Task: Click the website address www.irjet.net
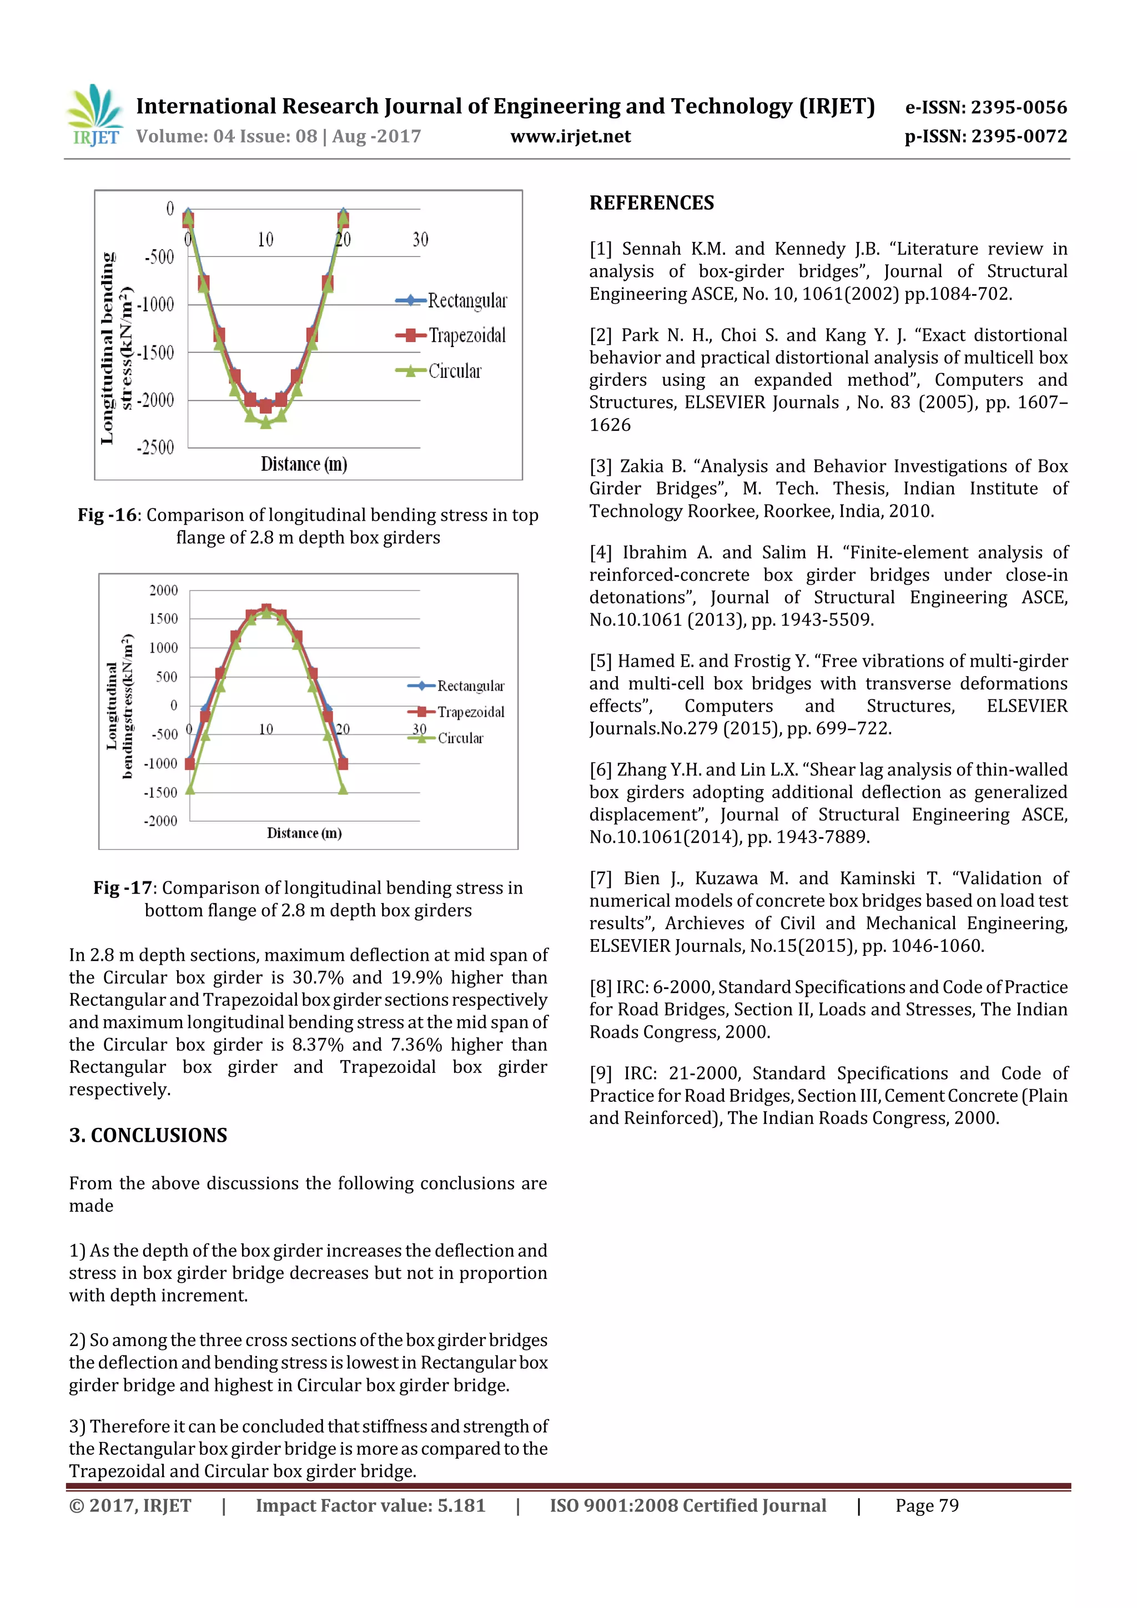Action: coord(570,137)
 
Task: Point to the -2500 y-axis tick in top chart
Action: coord(155,447)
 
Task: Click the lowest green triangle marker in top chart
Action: coord(265,422)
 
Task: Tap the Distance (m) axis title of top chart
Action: coord(304,463)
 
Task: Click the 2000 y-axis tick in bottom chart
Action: coord(163,591)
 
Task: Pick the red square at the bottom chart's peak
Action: coord(266,609)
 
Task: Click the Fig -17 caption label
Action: coord(123,888)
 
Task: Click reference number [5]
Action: coord(600,661)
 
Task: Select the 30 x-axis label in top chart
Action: coord(420,240)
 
